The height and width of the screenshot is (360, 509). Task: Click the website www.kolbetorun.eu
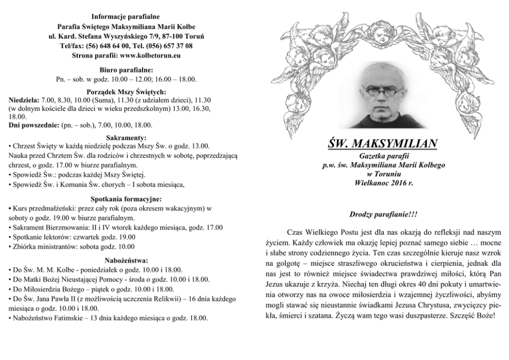point(150,55)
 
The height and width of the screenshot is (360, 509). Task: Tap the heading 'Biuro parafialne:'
point(126,70)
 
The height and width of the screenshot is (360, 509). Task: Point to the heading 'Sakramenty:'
point(126,137)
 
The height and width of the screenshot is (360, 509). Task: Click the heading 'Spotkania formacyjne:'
point(126,199)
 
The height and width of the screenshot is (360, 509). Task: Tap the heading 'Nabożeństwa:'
point(126,260)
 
